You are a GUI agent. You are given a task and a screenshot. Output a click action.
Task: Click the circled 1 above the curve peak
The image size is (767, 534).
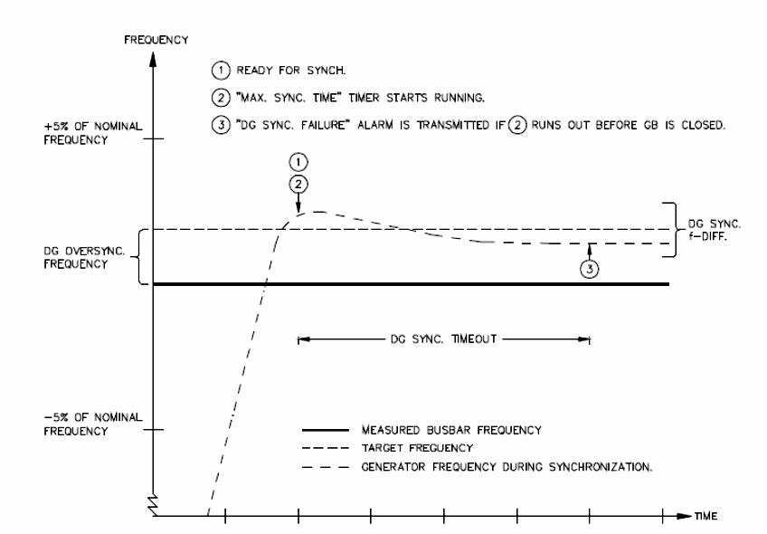298,163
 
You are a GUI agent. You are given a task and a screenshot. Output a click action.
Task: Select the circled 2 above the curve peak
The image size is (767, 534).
298,184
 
